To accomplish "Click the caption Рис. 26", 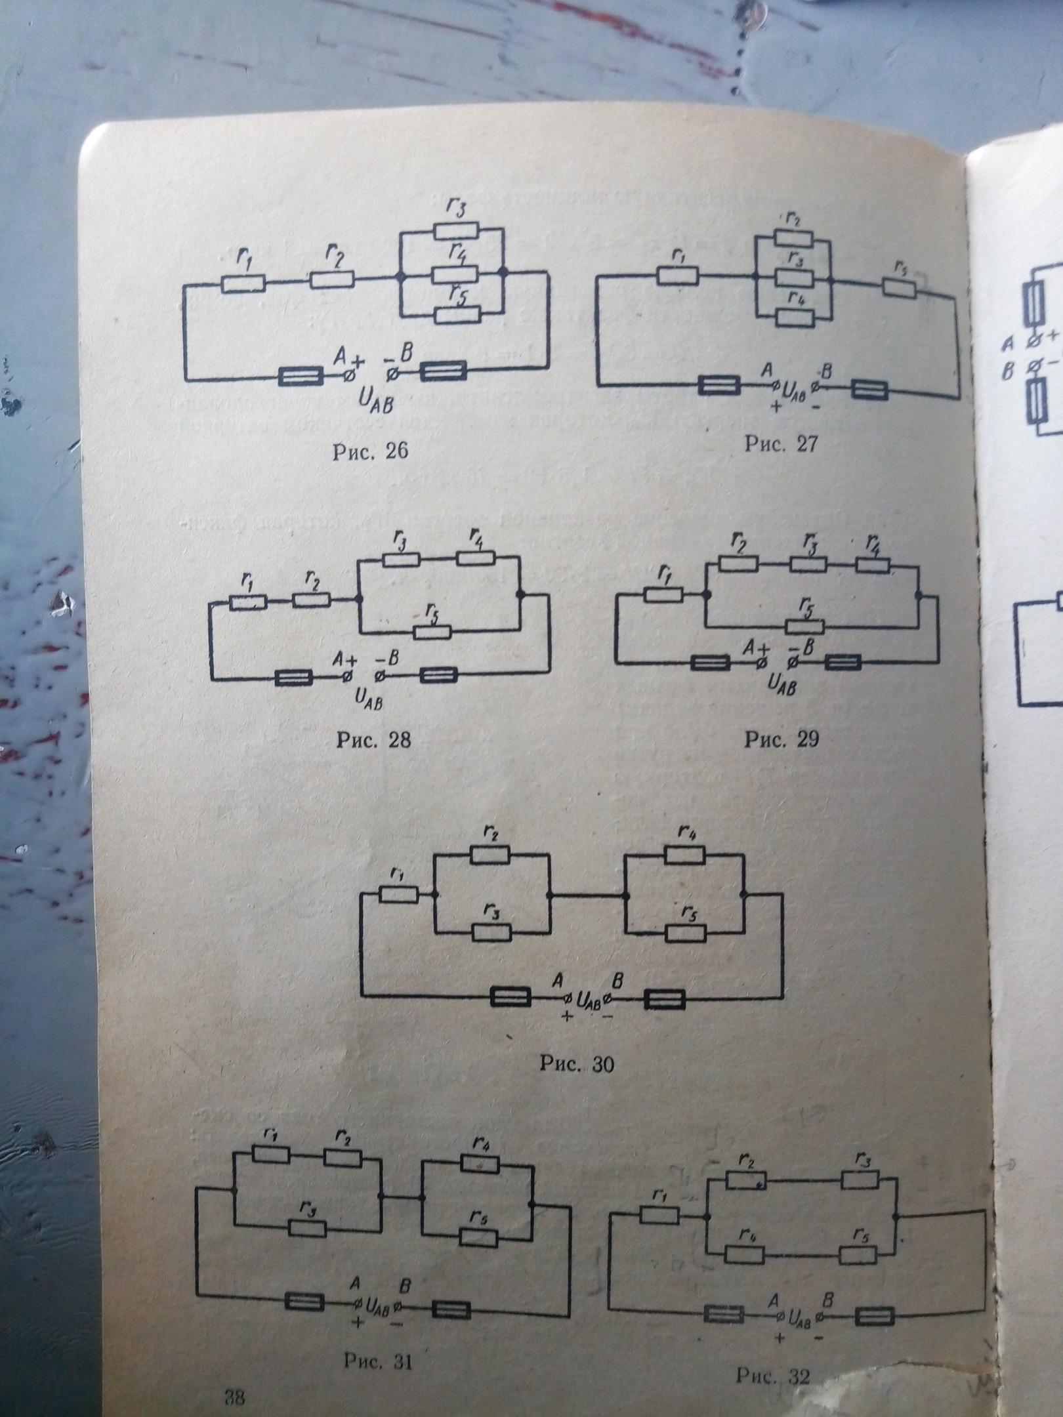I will point(371,452).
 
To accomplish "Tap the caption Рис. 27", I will point(781,443).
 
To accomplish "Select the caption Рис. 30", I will point(577,1063).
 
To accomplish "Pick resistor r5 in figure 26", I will point(458,314).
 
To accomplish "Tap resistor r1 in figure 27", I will point(678,277).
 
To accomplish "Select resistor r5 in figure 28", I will point(433,632).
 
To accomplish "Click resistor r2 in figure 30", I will point(490,854).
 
